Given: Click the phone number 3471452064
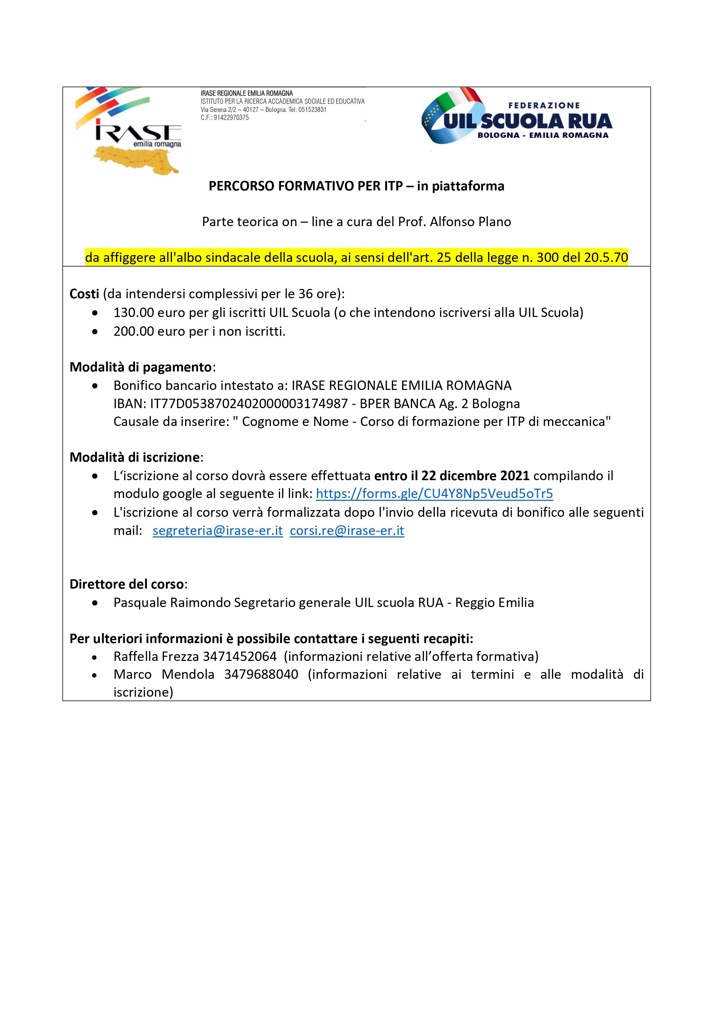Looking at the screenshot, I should point(240,657).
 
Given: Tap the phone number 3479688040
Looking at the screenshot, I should point(261,674).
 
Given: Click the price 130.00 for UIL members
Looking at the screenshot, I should point(134,313).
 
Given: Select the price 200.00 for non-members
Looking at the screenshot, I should point(134,331).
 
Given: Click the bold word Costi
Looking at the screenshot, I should point(84,294).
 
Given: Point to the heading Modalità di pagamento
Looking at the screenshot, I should point(141,367).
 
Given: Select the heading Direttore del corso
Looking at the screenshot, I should point(127,584).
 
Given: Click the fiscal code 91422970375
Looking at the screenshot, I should point(231,118).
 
